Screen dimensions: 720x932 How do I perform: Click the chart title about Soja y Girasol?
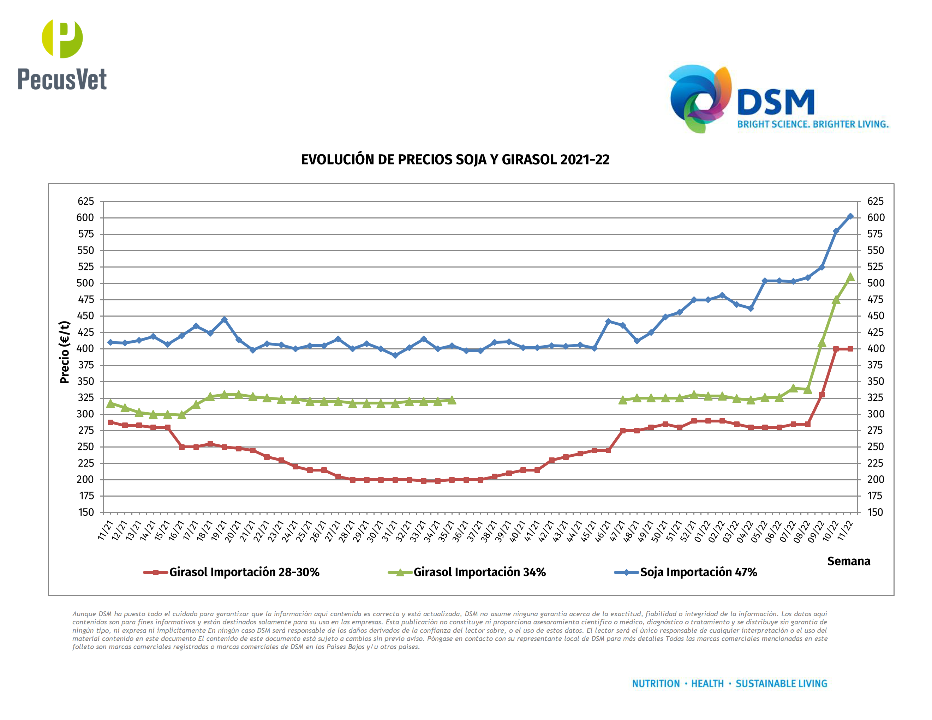click(x=455, y=160)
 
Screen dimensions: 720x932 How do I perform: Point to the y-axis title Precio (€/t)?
click(x=65, y=352)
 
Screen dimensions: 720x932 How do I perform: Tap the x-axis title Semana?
click(x=848, y=561)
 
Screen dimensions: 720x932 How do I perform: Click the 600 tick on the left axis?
click(x=85, y=217)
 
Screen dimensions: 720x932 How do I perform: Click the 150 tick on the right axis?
click(x=875, y=512)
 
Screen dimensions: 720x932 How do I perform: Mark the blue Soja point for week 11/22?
click(x=850, y=216)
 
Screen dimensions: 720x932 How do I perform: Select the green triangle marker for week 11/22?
click(x=850, y=277)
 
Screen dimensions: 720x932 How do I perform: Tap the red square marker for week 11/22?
click(x=850, y=349)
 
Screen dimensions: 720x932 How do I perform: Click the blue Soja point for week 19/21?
click(x=224, y=319)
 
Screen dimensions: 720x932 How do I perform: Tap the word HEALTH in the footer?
click(x=707, y=683)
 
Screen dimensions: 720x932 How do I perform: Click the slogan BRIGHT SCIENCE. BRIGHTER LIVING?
click(x=813, y=124)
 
